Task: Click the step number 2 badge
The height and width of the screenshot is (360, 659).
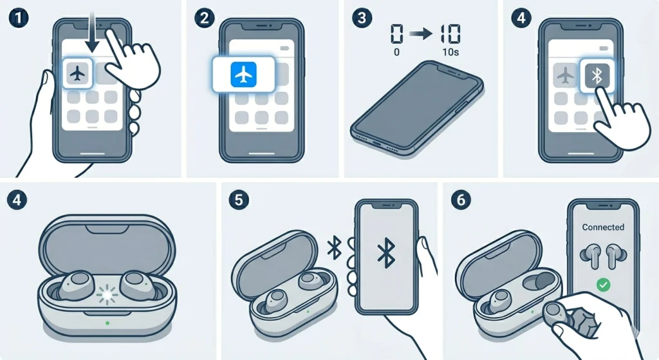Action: (204, 17)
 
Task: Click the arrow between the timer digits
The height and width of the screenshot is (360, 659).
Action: (420, 35)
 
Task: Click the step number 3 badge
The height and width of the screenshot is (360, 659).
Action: (364, 17)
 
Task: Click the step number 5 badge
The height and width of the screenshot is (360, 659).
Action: (238, 200)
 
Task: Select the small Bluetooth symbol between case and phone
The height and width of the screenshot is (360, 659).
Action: (335, 248)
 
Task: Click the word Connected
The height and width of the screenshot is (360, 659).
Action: (603, 227)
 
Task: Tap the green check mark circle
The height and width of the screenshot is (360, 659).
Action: (603, 284)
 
